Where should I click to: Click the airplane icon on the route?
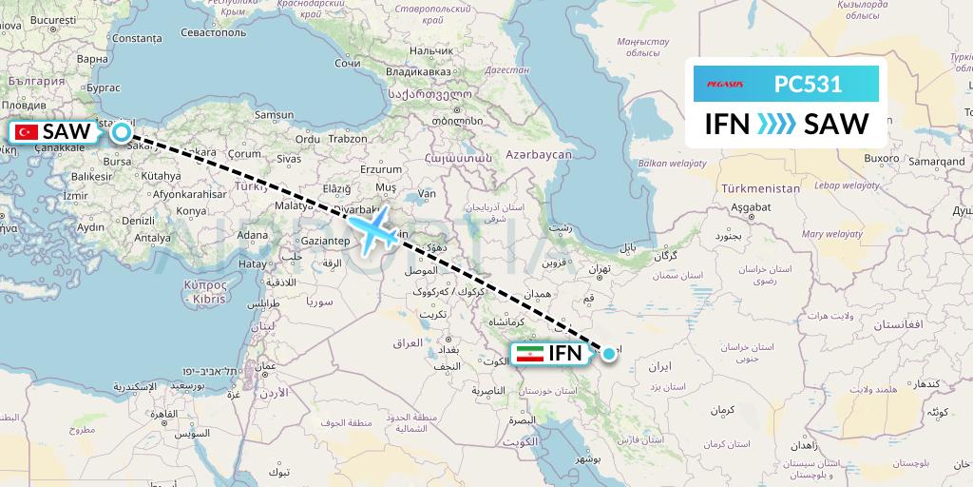click(x=372, y=230)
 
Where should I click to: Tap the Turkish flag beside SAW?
click(x=27, y=132)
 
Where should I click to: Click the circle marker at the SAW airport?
click(x=122, y=132)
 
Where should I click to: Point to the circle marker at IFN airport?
click(x=609, y=354)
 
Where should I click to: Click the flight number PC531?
click(x=808, y=84)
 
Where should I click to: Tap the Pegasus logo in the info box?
click(x=725, y=85)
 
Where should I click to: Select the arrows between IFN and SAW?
click(x=776, y=125)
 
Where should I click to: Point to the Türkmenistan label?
click(x=760, y=188)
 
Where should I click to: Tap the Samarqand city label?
click(x=936, y=163)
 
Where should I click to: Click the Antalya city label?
click(x=152, y=238)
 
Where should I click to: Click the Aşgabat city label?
click(x=754, y=206)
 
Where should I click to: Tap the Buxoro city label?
click(x=881, y=159)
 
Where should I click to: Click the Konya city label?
click(x=191, y=210)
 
